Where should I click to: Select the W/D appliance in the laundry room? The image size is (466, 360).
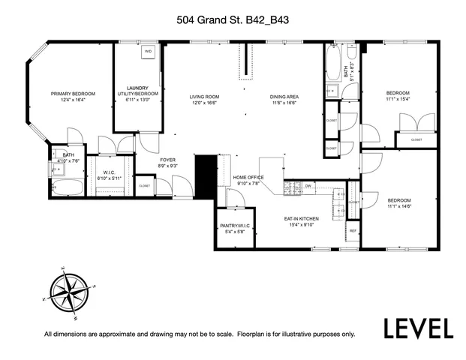148,52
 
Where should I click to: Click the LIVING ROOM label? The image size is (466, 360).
203,97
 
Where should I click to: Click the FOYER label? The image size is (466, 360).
167,160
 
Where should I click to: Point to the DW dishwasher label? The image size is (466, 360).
308,185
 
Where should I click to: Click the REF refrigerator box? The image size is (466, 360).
353,231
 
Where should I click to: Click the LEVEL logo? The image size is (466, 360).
419,328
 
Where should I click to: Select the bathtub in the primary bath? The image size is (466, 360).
67,187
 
